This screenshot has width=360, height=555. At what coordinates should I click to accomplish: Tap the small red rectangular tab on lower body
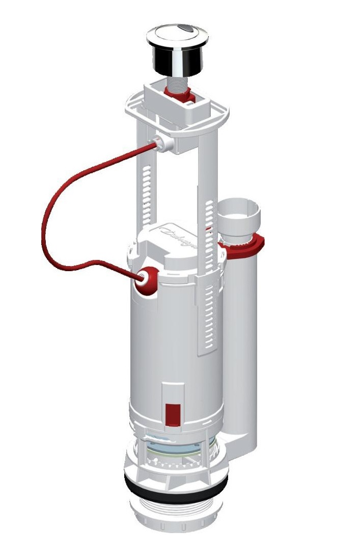173,412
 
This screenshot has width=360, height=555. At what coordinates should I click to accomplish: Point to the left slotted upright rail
146,194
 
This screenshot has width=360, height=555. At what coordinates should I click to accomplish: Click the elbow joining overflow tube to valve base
239,433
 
